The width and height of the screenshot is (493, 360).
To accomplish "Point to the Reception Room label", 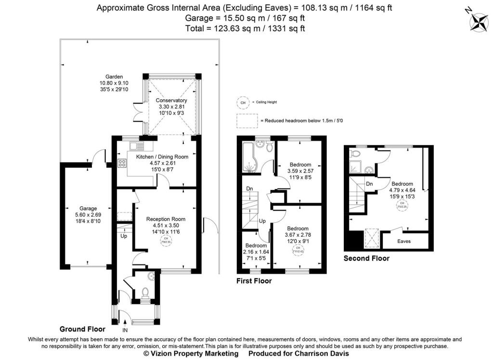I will [x=166, y=219].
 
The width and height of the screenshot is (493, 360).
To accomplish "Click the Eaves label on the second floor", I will [x=404, y=241].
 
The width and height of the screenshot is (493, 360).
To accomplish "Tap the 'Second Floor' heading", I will [x=366, y=259].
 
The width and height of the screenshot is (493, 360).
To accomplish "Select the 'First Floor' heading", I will [x=254, y=281].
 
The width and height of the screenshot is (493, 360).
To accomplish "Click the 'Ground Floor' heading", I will [x=82, y=329].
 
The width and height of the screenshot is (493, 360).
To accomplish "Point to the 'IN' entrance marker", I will [x=125, y=330].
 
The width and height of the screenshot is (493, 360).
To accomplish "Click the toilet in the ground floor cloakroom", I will [x=145, y=293].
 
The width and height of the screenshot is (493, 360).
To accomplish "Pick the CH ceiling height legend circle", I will [x=243, y=103].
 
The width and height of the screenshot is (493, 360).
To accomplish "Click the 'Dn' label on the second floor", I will [x=370, y=184].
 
